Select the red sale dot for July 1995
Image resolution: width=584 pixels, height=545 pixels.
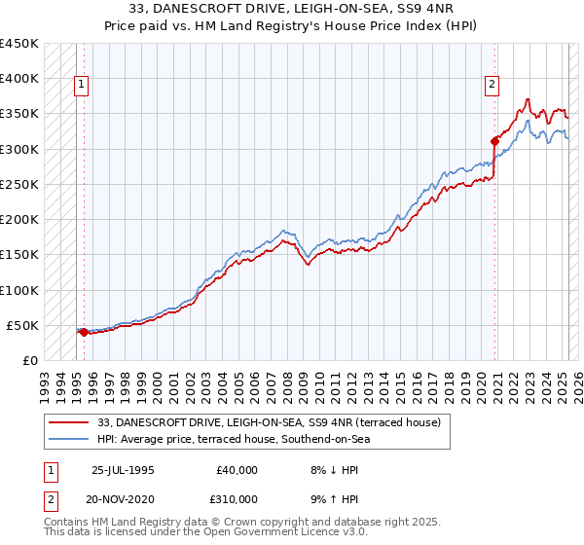click(84, 332)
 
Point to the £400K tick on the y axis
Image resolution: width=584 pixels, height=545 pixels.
click(19, 79)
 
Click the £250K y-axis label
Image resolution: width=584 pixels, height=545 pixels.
click(19, 184)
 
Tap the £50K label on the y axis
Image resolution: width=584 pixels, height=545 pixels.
click(23, 325)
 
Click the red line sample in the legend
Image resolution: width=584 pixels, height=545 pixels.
click(69, 422)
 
